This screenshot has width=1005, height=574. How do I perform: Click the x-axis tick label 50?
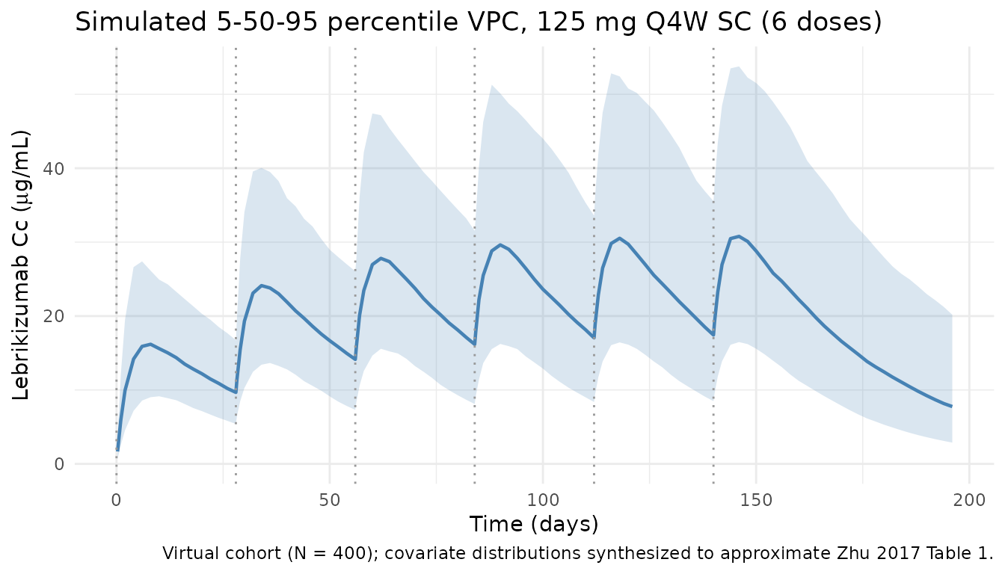pos(330,499)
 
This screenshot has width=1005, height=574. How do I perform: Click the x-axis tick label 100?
pos(543,499)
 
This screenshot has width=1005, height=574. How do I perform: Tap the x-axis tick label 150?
pos(756,499)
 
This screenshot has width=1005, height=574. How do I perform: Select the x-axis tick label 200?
pos(969,499)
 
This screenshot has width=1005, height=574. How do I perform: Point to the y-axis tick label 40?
pos(84,169)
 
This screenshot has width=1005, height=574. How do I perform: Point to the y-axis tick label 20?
pos(84,316)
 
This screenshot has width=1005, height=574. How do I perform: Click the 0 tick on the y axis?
pos(90,464)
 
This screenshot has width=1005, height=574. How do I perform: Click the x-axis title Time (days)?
pos(534,524)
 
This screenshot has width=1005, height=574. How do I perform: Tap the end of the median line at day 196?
pos(951,406)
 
